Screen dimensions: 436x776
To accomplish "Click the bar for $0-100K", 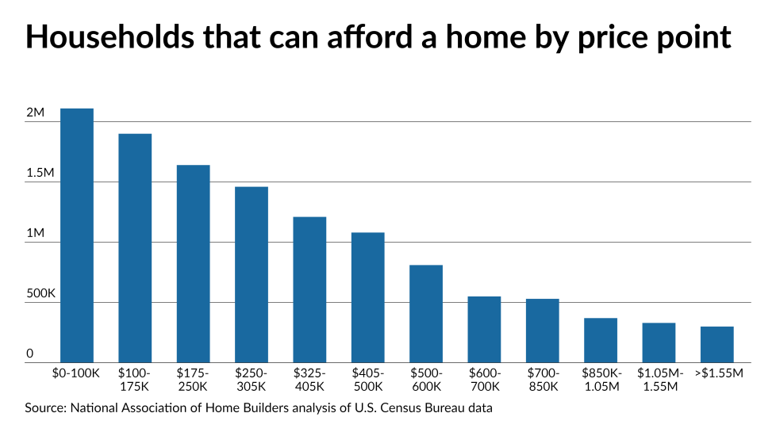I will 77,235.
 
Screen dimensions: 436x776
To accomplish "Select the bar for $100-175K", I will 135,248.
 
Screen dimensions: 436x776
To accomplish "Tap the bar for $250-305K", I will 252,274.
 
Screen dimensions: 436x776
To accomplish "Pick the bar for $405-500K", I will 368,297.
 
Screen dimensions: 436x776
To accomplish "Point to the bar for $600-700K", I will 484,329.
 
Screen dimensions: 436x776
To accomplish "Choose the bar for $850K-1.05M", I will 601,340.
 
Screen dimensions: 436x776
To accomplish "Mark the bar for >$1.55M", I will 717,344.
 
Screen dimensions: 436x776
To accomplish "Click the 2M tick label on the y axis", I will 35,113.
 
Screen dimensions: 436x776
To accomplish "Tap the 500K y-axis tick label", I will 40,294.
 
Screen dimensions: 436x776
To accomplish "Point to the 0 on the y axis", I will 29,354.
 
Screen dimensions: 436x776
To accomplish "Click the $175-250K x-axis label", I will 193,380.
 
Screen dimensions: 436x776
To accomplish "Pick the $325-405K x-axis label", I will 309,380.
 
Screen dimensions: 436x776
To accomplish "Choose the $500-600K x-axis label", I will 426,380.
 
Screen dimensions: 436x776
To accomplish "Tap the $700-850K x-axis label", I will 543,380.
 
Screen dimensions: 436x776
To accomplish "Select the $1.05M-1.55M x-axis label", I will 659,380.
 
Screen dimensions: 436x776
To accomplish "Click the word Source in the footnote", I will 44,408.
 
